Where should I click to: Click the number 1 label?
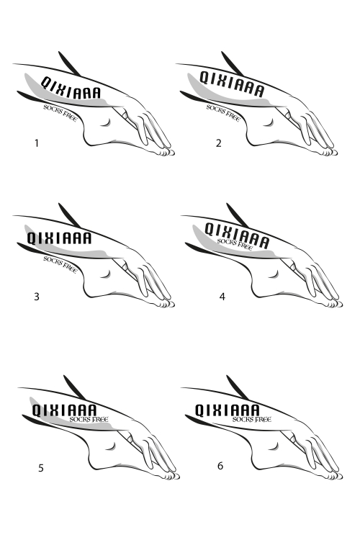(x=37, y=143)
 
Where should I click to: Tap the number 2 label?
(x=218, y=143)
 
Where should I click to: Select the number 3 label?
(x=37, y=296)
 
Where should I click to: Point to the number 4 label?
(x=222, y=296)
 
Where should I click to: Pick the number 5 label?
(x=40, y=468)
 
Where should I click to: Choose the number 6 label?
(x=220, y=466)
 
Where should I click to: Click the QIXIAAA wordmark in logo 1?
(x=71, y=88)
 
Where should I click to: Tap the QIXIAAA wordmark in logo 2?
(x=232, y=84)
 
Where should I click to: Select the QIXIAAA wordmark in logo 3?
(x=59, y=238)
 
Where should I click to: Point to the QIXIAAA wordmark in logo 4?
(x=237, y=235)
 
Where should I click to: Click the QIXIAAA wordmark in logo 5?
(x=64, y=410)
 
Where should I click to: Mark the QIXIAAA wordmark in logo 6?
(x=228, y=410)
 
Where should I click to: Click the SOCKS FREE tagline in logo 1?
(x=60, y=112)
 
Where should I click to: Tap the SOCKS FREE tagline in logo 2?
(x=223, y=112)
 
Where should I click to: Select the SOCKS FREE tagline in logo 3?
(x=60, y=264)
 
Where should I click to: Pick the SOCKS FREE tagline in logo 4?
(x=235, y=244)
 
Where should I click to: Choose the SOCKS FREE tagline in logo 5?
(x=89, y=419)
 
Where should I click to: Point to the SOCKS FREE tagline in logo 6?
(x=252, y=419)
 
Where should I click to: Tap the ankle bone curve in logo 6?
(x=275, y=447)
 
